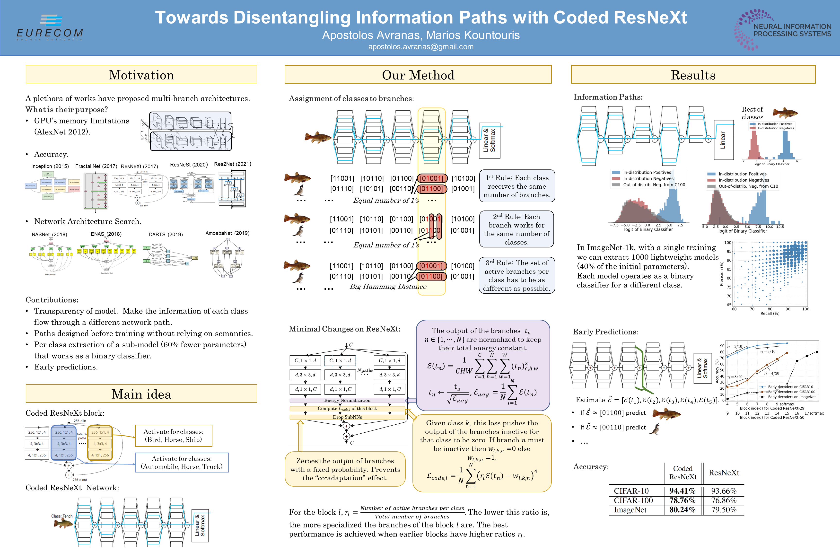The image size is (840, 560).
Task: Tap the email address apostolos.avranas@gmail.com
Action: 421,47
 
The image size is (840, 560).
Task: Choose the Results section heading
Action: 693,75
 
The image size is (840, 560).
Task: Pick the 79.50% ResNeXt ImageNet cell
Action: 724,510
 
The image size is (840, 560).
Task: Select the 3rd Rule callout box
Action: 517,275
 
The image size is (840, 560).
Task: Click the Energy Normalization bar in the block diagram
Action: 347,400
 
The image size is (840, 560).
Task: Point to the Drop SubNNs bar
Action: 347,417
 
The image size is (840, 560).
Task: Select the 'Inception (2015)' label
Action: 50,166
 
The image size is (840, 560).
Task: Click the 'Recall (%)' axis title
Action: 770,314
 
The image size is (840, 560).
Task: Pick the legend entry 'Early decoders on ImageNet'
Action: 791,397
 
